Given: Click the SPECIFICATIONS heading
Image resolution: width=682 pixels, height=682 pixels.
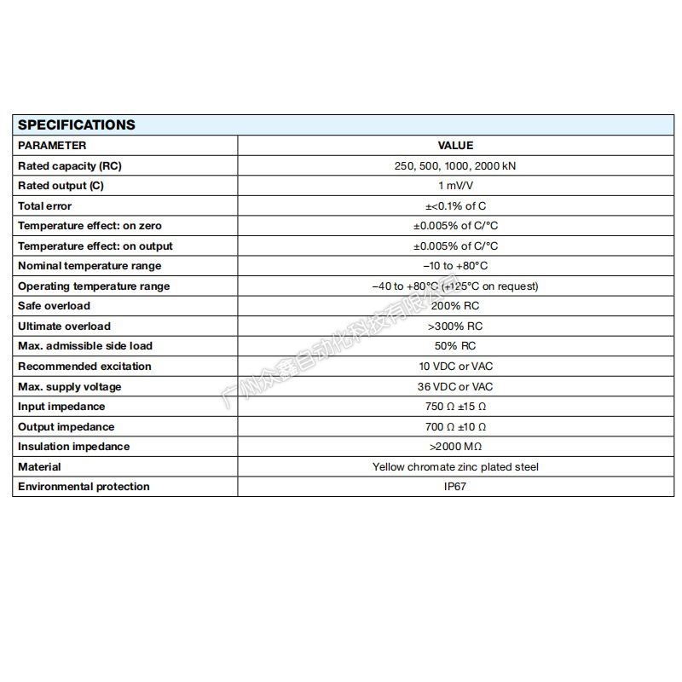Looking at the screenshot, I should pyautogui.click(x=77, y=124).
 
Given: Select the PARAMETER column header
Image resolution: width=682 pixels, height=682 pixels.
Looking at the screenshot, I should pyautogui.click(x=52, y=145).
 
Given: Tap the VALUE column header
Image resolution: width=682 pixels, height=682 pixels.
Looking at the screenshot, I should pyautogui.click(x=455, y=145).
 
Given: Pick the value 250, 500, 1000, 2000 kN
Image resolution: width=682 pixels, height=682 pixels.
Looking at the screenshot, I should pyautogui.click(x=455, y=165).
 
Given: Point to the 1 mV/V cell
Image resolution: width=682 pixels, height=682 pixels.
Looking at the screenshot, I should pyautogui.click(x=455, y=186).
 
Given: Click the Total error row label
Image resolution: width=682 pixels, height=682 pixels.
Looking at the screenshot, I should pyautogui.click(x=45, y=205).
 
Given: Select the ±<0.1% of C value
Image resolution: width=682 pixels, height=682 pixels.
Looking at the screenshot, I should pyautogui.click(x=455, y=205).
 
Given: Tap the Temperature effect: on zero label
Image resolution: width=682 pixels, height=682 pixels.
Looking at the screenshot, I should pyautogui.click(x=90, y=226).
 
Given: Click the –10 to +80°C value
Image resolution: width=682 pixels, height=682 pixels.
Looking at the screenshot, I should pyautogui.click(x=455, y=266).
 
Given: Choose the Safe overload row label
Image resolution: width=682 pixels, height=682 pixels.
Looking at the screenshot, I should pyautogui.click(x=54, y=306).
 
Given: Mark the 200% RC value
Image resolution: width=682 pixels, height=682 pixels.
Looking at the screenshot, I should pyautogui.click(x=455, y=306).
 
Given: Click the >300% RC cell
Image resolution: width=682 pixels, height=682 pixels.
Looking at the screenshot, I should pyautogui.click(x=455, y=327).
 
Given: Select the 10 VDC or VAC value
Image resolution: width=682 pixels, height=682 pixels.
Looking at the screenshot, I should pyautogui.click(x=455, y=367).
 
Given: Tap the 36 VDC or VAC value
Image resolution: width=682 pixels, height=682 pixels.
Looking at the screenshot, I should pyautogui.click(x=455, y=387).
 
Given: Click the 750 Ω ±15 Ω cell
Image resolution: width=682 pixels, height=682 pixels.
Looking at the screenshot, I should pyautogui.click(x=455, y=407).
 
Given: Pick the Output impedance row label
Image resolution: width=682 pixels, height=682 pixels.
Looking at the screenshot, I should pyautogui.click(x=66, y=427).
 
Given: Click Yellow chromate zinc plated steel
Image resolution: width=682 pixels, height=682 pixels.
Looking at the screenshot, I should pyautogui.click(x=455, y=467).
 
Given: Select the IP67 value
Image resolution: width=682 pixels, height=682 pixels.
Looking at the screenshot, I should pyautogui.click(x=455, y=487).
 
